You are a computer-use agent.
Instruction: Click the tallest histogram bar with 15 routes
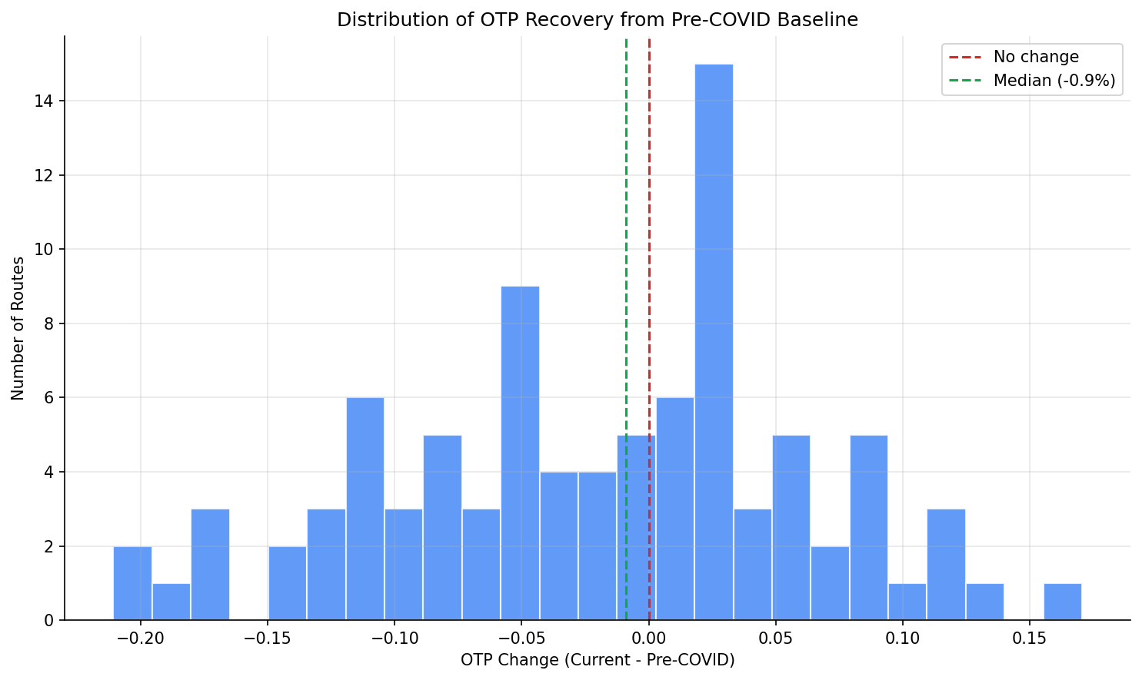(x=714, y=342)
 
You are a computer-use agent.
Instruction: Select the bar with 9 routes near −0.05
(x=520, y=453)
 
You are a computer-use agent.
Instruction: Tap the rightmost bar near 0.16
(x=1062, y=602)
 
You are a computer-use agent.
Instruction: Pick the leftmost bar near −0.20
(x=132, y=583)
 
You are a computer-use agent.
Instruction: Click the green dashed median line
(x=626, y=231)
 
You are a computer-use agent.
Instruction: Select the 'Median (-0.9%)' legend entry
(x=1054, y=80)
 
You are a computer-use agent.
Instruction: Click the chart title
(x=597, y=20)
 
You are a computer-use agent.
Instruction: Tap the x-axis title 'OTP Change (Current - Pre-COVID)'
(x=598, y=660)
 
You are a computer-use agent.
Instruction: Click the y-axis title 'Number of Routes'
(x=18, y=328)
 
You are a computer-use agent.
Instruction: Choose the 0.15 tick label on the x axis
(x=1029, y=639)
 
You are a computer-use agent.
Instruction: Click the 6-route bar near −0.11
(x=365, y=509)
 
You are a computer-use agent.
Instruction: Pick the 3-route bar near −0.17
(x=210, y=565)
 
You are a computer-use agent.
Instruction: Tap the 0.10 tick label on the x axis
(x=902, y=639)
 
